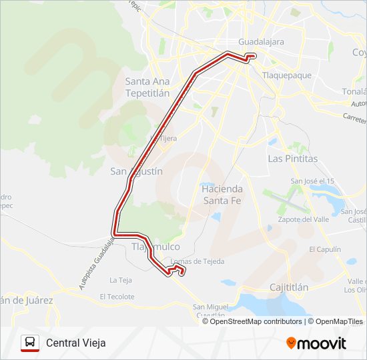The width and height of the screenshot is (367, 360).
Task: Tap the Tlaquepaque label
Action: (287, 75)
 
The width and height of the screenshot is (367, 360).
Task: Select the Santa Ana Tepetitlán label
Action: (147, 87)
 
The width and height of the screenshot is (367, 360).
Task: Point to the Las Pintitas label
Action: (292, 159)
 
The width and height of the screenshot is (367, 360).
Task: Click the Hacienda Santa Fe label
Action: (221, 194)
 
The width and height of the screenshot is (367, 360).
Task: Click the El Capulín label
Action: (324, 249)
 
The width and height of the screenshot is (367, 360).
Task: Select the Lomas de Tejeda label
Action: (198, 261)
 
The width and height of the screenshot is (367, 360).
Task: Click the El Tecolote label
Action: (117, 297)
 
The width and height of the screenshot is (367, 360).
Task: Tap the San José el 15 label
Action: (312, 181)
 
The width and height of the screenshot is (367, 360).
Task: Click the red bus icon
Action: (30, 343)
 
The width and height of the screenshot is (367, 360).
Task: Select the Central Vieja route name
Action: (75, 343)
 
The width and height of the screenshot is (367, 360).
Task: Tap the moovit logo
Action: (316, 343)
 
